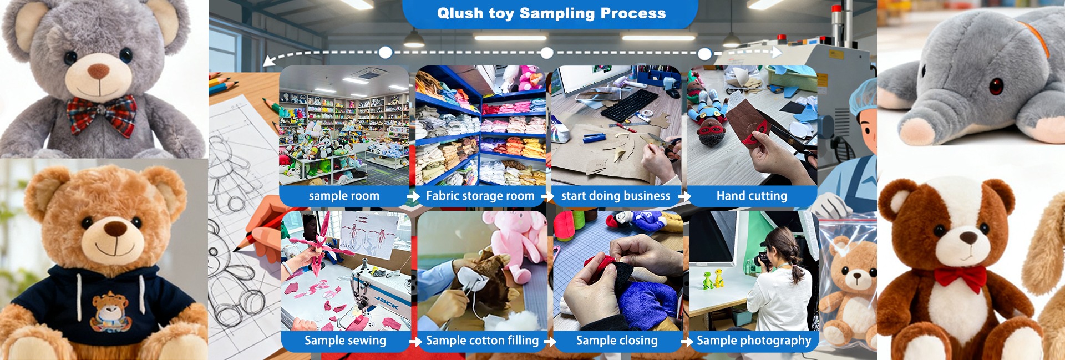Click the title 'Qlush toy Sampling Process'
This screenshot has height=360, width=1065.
551,14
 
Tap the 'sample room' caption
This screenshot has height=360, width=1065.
344,196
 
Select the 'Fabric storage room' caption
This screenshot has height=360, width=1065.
480,196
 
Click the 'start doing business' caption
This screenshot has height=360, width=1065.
615,196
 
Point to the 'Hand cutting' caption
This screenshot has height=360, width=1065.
752,196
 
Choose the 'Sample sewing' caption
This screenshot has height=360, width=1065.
345,341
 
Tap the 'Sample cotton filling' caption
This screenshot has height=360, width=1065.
482,341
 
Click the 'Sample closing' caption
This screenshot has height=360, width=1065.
617,341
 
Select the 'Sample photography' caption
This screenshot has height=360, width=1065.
754,341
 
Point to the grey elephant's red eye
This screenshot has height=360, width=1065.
996,86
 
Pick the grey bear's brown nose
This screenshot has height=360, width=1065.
99,71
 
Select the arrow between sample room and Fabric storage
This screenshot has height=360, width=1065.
413,196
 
